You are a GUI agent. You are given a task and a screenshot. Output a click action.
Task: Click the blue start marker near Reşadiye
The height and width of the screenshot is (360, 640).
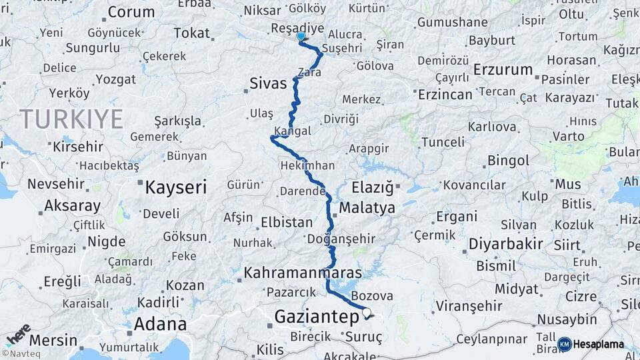(x=301, y=37)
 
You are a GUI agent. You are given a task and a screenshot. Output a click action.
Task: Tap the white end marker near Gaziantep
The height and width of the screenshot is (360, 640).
(x=366, y=311)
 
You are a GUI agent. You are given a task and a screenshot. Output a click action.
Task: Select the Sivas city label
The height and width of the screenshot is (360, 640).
(x=268, y=83)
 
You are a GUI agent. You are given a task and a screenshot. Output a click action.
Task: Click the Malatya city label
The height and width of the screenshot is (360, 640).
(x=367, y=208)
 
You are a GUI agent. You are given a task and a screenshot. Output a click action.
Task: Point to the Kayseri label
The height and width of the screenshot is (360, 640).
(x=175, y=187)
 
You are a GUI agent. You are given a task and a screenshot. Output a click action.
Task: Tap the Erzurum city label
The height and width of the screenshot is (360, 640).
(x=503, y=69)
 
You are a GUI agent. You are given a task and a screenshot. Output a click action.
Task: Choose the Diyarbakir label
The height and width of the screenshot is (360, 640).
(x=505, y=244)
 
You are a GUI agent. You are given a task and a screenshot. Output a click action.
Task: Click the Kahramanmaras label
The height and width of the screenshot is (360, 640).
(x=303, y=273)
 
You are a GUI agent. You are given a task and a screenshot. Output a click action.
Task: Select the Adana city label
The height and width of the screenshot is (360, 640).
(x=160, y=325)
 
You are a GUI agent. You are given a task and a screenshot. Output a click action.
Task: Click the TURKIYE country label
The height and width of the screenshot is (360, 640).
(x=71, y=119)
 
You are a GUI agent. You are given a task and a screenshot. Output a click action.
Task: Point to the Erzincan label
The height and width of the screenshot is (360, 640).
(x=445, y=95)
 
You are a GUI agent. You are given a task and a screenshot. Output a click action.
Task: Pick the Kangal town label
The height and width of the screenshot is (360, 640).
(x=292, y=131)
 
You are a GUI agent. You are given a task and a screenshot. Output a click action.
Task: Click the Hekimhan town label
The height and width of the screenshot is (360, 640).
(x=308, y=165)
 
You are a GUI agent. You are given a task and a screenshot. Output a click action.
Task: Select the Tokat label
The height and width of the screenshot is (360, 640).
(x=191, y=33)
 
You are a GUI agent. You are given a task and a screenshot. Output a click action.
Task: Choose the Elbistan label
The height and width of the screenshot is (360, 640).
(x=287, y=223)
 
